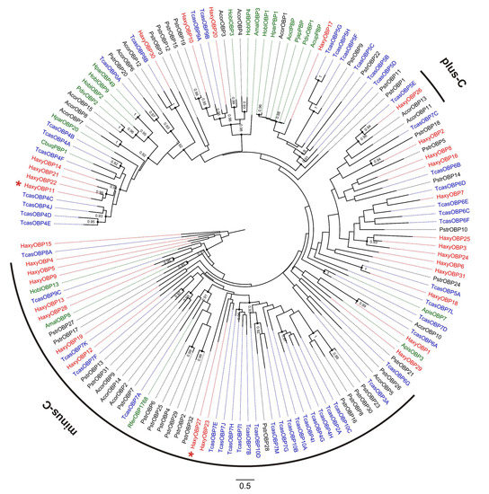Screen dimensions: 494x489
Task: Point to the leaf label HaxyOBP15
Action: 36,244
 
